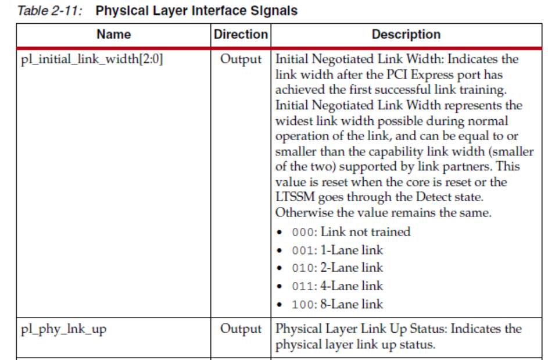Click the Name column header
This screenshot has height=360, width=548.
click(x=113, y=34)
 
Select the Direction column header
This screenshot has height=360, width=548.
click(x=241, y=34)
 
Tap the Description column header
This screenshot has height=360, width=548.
click(x=406, y=34)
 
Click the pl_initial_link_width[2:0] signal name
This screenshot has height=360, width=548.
click(x=92, y=59)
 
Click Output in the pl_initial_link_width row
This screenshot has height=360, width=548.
click(x=241, y=59)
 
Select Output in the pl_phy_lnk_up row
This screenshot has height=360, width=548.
click(x=241, y=329)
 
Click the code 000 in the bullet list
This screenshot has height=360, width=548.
click(x=303, y=232)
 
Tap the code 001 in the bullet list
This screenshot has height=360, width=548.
click(x=303, y=250)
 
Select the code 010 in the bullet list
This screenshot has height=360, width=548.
click(x=303, y=268)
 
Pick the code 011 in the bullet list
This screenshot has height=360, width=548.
click(x=303, y=286)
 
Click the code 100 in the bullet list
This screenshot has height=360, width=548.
click(x=303, y=304)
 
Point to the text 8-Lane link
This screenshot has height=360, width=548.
click(x=352, y=304)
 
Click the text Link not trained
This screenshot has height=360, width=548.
click(x=366, y=231)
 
